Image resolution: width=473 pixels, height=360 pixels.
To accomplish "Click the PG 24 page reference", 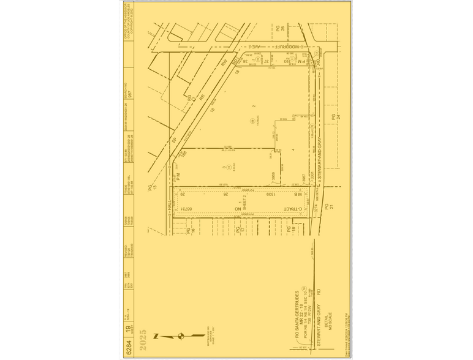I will click(334, 117).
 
